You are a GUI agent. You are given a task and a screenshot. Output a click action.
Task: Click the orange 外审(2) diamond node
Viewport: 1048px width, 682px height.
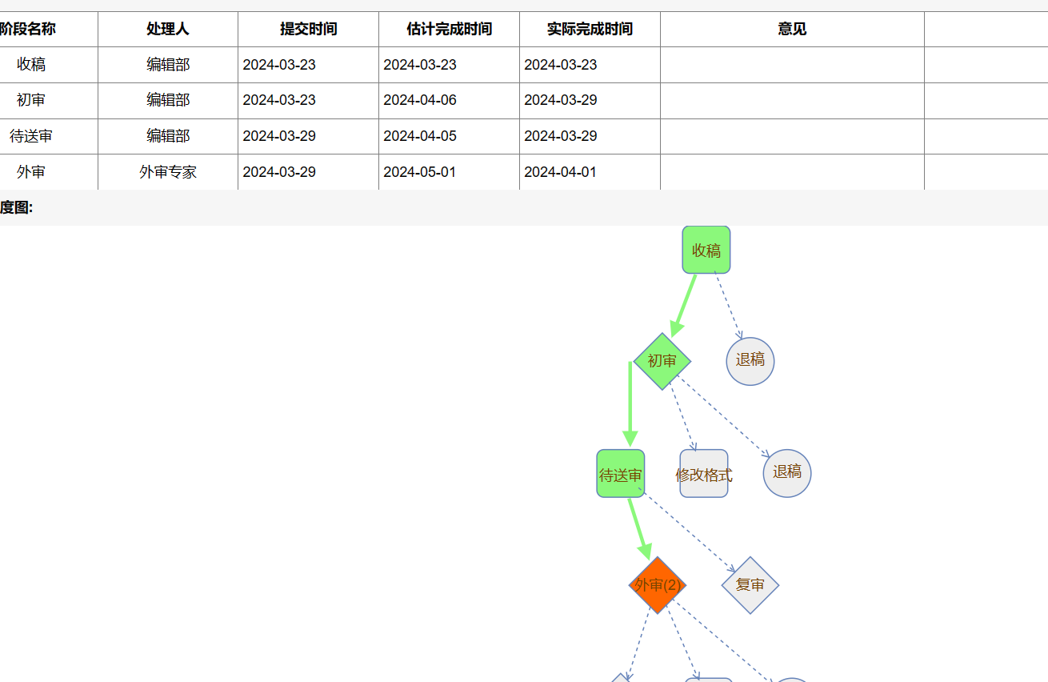pos(658,585)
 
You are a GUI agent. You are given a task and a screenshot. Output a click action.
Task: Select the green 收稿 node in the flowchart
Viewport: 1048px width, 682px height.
pos(706,250)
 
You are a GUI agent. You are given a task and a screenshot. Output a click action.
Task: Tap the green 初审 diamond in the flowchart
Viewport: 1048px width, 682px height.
pos(662,361)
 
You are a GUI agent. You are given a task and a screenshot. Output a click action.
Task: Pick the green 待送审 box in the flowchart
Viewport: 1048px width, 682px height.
pos(620,473)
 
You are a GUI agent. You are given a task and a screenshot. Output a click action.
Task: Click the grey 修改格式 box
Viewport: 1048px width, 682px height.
pos(704,473)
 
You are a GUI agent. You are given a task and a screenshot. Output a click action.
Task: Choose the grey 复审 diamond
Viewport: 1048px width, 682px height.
pos(750,585)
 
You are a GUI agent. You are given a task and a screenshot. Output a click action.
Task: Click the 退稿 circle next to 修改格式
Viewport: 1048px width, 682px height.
pos(787,473)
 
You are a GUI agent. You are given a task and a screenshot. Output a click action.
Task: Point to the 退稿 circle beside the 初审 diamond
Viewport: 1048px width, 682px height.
pos(750,361)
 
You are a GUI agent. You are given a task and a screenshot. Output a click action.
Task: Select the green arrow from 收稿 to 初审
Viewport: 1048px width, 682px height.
pos(683,306)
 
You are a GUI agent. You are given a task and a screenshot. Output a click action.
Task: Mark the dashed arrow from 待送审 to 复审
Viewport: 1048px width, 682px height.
pos(687,531)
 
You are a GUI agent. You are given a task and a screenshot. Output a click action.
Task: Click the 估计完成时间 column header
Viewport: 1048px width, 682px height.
pos(449,29)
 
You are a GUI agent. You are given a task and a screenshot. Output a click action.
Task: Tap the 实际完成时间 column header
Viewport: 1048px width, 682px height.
pos(590,29)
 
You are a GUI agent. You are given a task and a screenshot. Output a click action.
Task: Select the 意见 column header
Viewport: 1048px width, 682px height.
pos(792,29)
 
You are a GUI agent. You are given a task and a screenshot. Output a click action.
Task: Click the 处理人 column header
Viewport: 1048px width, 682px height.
pos(168,29)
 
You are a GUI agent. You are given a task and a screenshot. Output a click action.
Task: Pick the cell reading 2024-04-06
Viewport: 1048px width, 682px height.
pos(420,100)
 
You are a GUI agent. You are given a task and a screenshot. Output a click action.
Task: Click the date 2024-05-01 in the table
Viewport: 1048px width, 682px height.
pos(420,172)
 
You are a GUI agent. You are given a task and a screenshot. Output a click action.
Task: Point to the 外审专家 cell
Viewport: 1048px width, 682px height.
pos(168,172)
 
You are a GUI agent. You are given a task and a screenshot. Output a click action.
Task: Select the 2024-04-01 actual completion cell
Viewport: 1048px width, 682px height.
pos(560,172)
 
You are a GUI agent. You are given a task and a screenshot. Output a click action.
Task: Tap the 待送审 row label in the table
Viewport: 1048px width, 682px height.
pos(31,136)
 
